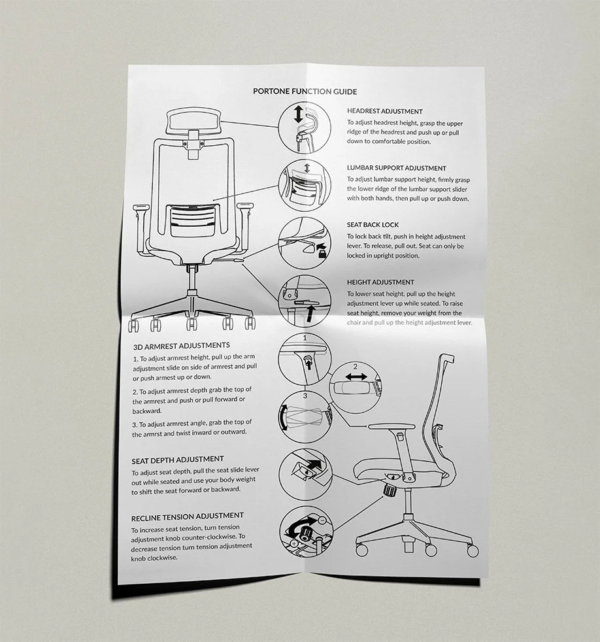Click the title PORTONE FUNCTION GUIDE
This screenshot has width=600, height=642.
click(305, 92)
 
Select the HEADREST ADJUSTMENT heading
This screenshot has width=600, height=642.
click(384, 112)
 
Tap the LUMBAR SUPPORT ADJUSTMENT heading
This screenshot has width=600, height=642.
click(396, 168)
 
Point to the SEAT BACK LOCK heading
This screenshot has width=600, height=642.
click(373, 225)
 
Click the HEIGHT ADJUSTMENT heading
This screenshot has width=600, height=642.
click(380, 282)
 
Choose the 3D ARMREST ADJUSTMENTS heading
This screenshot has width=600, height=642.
click(181, 345)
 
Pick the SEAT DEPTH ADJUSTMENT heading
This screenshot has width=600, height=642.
click(178, 460)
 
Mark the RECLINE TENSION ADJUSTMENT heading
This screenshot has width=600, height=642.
click(188, 516)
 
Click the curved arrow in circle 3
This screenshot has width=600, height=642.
click(283, 417)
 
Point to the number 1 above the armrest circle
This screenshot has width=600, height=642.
click(305, 337)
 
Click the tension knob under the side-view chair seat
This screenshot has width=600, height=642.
click(391, 490)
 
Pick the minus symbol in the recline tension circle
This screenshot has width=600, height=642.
click(321, 520)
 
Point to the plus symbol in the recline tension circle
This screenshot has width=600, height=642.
click(295, 543)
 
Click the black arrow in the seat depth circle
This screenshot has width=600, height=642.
click(313, 465)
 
